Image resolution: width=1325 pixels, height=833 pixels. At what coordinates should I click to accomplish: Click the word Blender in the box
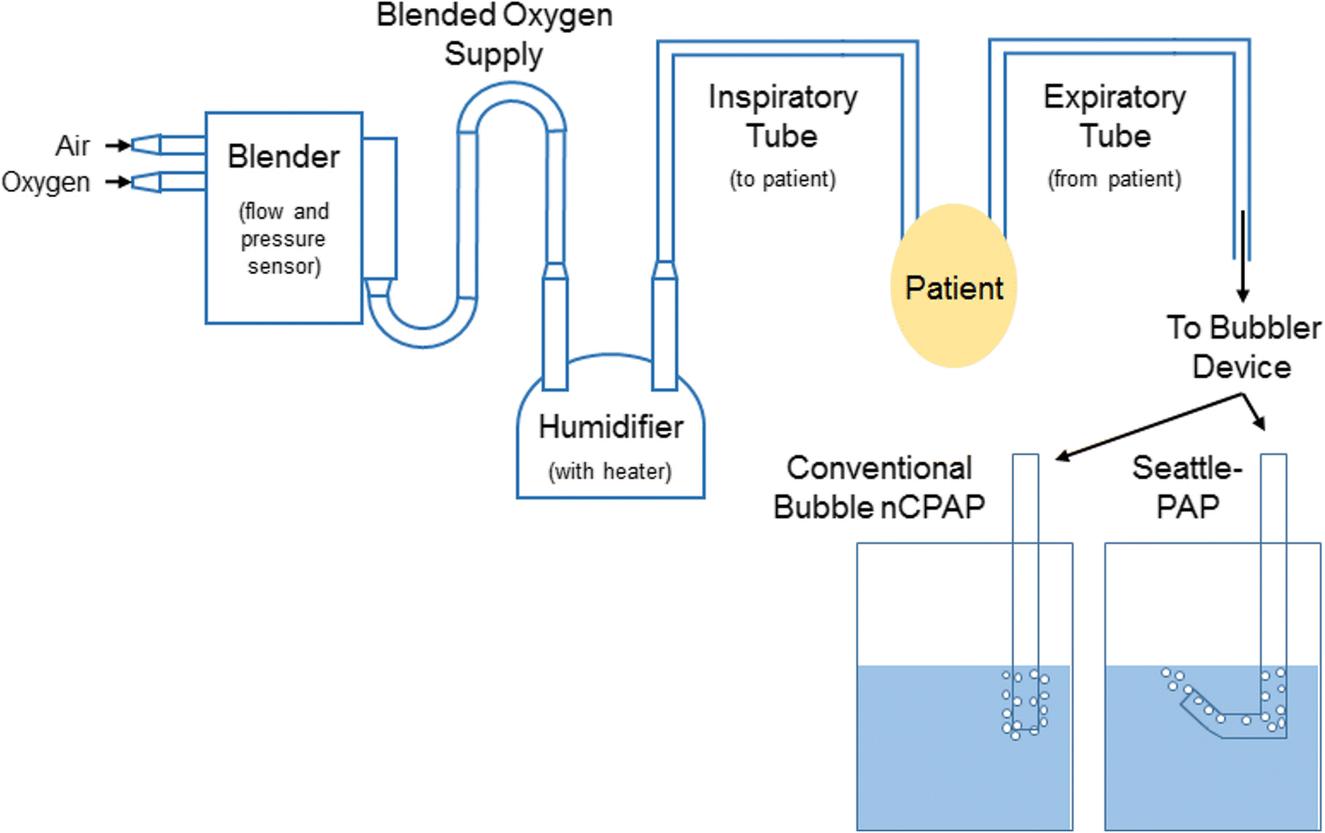pyautogui.click(x=283, y=157)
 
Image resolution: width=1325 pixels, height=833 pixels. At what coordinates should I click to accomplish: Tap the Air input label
pyautogui.click(x=72, y=146)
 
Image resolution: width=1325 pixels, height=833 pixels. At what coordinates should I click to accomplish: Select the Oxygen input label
pyautogui.click(x=46, y=181)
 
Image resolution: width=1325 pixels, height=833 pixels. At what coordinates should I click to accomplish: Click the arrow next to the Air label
pyautogui.click(x=118, y=145)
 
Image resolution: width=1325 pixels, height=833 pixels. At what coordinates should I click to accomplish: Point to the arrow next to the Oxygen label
pyautogui.click(x=118, y=181)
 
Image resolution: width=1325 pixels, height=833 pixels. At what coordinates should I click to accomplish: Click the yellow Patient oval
pyautogui.click(x=953, y=286)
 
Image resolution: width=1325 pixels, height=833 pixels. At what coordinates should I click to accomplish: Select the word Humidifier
pyautogui.click(x=610, y=427)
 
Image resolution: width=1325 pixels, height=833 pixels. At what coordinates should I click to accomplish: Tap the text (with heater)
pyautogui.click(x=610, y=471)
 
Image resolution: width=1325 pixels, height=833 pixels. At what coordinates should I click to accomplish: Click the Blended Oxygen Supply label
pyautogui.click(x=494, y=35)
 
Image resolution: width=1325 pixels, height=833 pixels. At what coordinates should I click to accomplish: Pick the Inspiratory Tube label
pyautogui.click(x=782, y=116)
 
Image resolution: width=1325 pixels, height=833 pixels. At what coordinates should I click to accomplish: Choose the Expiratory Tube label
pyautogui.click(x=1114, y=116)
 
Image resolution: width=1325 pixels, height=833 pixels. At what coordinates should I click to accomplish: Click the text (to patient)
pyautogui.click(x=782, y=179)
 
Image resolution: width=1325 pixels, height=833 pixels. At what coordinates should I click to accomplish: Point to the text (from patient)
pyautogui.click(x=1114, y=179)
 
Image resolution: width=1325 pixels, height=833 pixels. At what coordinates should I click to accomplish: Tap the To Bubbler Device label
pyautogui.click(x=1243, y=347)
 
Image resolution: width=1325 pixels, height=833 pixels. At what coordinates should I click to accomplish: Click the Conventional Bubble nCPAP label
pyautogui.click(x=879, y=487)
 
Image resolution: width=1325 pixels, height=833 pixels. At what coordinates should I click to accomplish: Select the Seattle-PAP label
pyautogui.click(x=1188, y=487)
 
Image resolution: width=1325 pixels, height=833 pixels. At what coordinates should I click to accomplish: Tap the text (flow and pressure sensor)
pyautogui.click(x=284, y=239)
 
